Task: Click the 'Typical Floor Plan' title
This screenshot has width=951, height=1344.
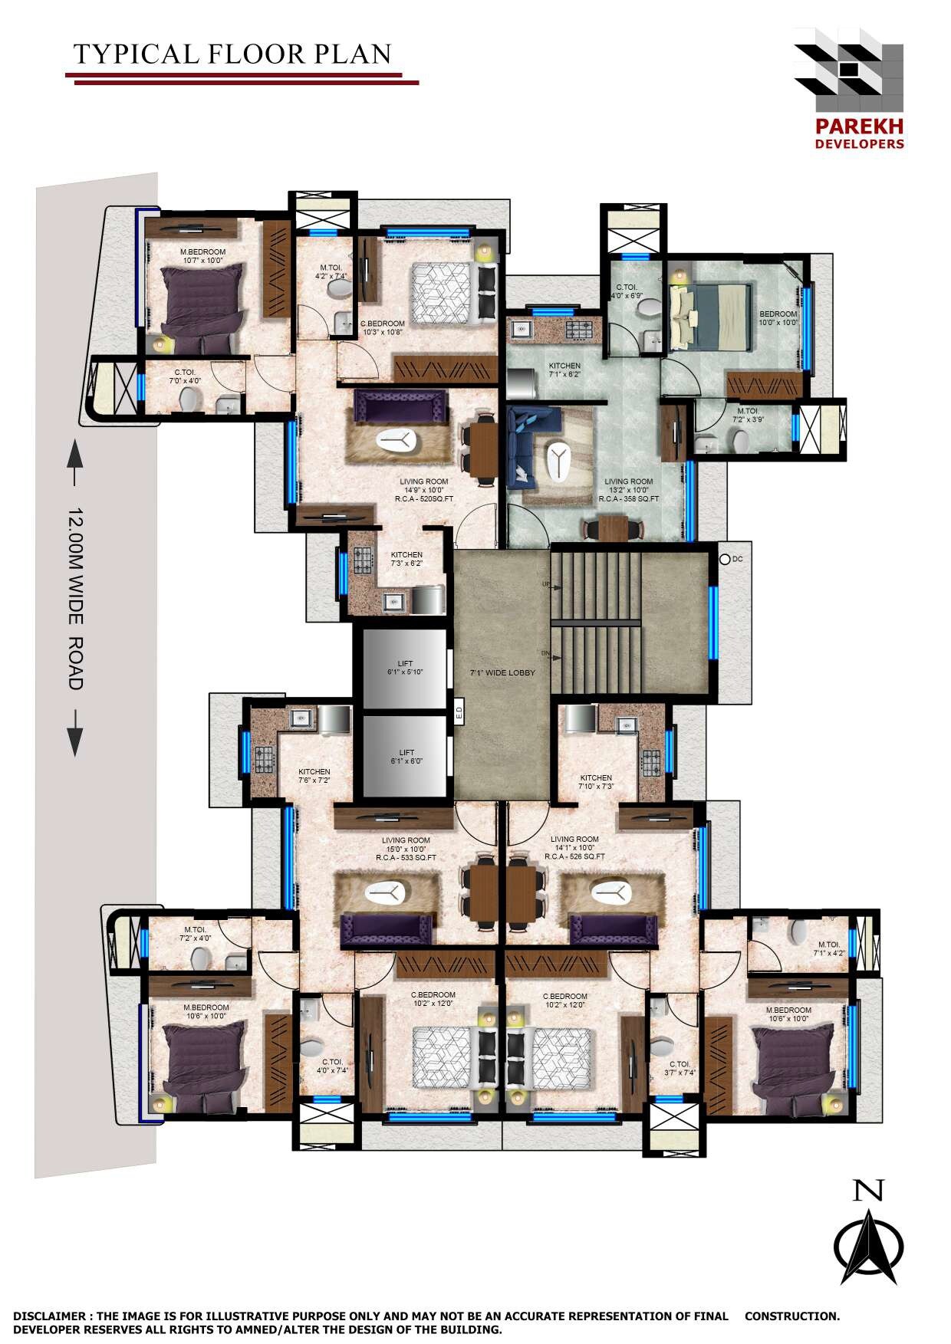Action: (232, 54)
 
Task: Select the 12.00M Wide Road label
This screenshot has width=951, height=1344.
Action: (75, 598)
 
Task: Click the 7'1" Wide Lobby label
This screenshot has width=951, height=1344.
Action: (502, 672)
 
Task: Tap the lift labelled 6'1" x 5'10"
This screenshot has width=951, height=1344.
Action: (405, 667)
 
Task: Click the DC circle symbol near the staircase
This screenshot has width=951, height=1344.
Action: (725, 559)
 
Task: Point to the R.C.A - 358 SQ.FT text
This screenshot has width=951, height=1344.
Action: (629, 498)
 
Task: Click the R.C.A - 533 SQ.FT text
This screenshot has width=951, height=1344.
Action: (406, 857)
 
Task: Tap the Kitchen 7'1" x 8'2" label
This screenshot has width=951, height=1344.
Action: (564, 370)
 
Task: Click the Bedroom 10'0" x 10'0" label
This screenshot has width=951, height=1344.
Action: (778, 318)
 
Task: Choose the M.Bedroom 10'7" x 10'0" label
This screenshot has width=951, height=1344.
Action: (202, 256)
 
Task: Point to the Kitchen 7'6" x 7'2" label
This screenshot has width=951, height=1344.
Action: (314, 776)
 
